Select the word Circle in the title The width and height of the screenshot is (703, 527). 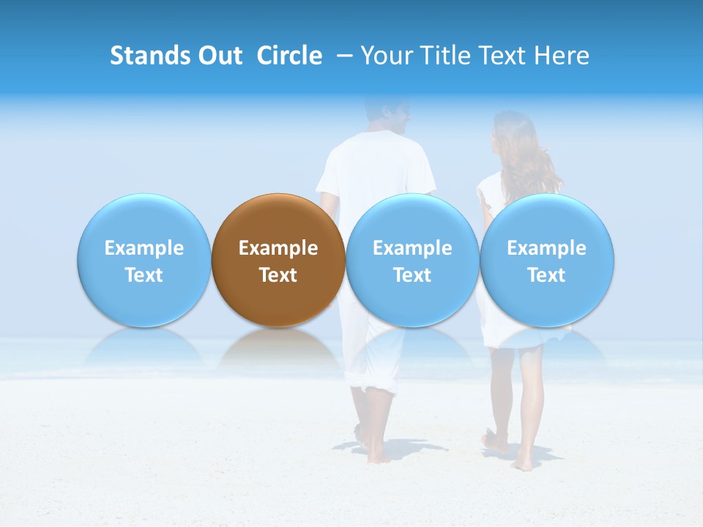(289, 56)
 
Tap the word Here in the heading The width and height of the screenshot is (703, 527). (562, 56)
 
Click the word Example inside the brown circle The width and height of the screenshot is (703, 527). (278, 248)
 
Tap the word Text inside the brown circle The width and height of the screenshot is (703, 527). (278, 275)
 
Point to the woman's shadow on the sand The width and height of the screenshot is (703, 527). (542, 454)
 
